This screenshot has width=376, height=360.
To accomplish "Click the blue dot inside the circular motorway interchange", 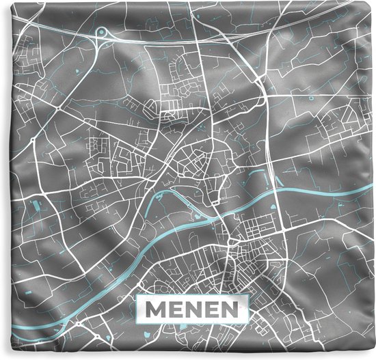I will [x=103, y=31].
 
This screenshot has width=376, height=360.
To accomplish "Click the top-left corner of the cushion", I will [x=2, y=2].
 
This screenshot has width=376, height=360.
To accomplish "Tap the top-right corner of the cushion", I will [x=373, y=2].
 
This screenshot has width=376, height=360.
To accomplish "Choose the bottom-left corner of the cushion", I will [x=2, y=357].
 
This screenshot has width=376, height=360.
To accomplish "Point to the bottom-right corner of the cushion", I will [x=373, y=357].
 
